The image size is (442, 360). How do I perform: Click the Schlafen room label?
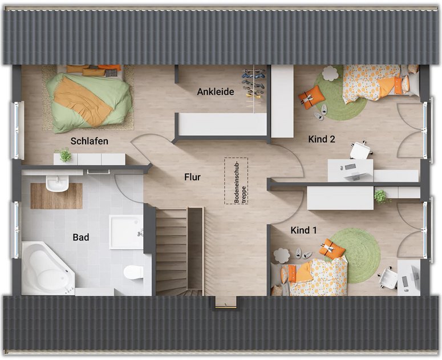click(x=90, y=141)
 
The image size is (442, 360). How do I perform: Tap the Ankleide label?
click(x=216, y=92)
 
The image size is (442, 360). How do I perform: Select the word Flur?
click(x=193, y=177)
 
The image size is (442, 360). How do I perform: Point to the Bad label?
click(x=81, y=237)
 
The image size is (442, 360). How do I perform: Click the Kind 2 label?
click(x=322, y=139)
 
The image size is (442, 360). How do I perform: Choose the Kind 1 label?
click(x=303, y=230)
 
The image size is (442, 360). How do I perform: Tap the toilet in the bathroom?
click(x=133, y=272)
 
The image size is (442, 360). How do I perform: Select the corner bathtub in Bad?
click(x=48, y=268)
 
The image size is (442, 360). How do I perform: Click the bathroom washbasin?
click(x=58, y=183)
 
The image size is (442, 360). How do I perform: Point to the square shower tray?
click(x=126, y=232)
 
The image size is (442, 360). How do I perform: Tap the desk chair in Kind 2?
click(x=360, y=151)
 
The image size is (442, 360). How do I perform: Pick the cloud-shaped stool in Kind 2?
click(x=330, y=73)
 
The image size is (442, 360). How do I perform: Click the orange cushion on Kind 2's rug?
click(x=311, y=97)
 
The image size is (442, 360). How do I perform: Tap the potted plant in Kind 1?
click(x=381, y=196)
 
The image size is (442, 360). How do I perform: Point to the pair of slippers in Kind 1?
click(x=303, y=253)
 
